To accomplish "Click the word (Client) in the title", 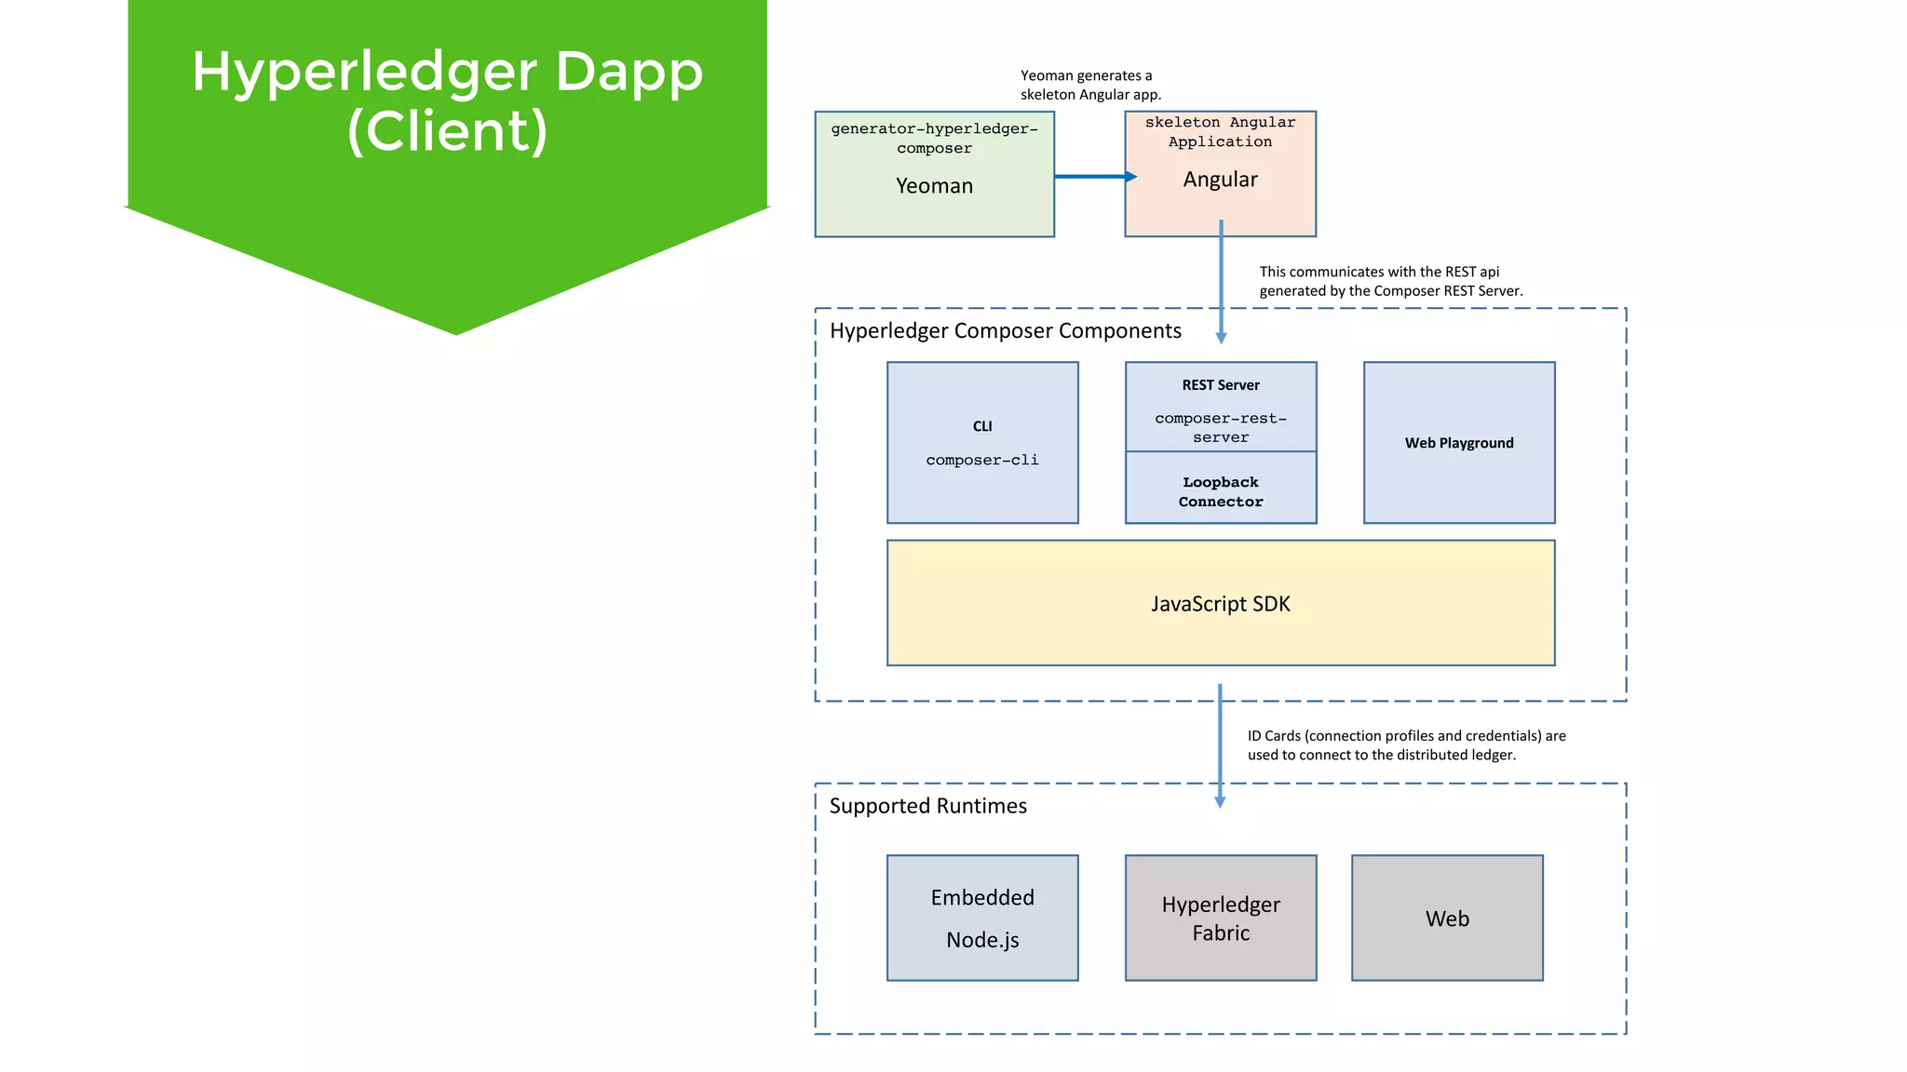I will pos(447,131).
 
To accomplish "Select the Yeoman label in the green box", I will pos(934,186).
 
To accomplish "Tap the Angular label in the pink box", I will pos(1220,180).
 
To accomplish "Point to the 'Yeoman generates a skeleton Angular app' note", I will pos(1089,85).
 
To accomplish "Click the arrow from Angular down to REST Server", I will pos(1221,279).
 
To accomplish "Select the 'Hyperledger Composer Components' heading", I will pos(1005,331).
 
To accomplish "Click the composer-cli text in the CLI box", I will pos(981,460).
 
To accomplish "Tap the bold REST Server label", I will pos(1220,385).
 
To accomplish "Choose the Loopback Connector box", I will pos(1220,491).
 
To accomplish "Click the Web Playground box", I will pos(1458,443).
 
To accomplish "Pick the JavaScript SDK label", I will pos(1220,604).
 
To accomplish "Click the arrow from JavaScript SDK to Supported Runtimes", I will pos(1220,744).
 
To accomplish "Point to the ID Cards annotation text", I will pos(1406,745).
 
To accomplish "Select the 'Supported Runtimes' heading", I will pos(927,806).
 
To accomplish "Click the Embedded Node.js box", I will pos(982,918).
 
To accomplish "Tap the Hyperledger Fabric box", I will pos(1220,918).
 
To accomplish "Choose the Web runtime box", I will pos(1446,918).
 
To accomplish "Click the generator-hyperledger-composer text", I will pos(934,138).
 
